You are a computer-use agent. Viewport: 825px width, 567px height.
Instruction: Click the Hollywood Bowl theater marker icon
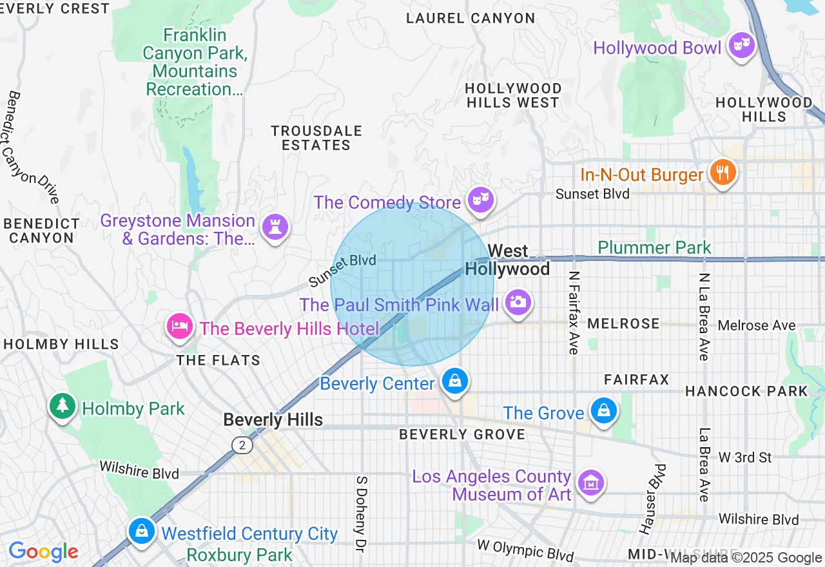coord(742,45)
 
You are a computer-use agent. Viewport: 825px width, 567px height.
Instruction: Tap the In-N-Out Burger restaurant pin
coord(723,172)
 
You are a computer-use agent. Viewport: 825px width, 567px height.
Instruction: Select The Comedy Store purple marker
coord(480,200)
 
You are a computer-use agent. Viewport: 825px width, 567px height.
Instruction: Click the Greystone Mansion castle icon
coord(275,226)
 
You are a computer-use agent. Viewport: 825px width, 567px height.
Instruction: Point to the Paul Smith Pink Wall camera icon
coord(518,302)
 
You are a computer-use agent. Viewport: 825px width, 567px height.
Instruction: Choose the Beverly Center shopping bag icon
coord(455,381)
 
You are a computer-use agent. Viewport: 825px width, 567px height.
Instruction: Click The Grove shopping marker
coord(604,410)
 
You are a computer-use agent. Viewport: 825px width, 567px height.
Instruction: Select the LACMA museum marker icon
coord(590,482)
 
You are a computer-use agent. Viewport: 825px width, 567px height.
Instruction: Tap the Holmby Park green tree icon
coord(62,405)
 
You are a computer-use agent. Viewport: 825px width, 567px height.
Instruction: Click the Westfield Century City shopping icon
coord(141,530)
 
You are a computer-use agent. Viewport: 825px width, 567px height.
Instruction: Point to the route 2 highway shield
coord(242,445)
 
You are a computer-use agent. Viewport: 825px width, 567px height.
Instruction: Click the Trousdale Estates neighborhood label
coord(316,138)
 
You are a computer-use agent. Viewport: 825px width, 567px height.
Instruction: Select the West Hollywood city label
coord(508,260)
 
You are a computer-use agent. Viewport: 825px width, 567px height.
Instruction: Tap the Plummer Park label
coord(654,247)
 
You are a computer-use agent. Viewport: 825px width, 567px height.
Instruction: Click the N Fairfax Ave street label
coord(573,312)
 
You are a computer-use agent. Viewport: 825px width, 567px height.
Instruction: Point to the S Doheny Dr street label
coord(361,514)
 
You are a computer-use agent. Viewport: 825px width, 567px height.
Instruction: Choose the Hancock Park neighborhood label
coord(746,391)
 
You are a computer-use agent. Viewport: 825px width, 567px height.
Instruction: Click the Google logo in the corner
coord(44,552)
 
